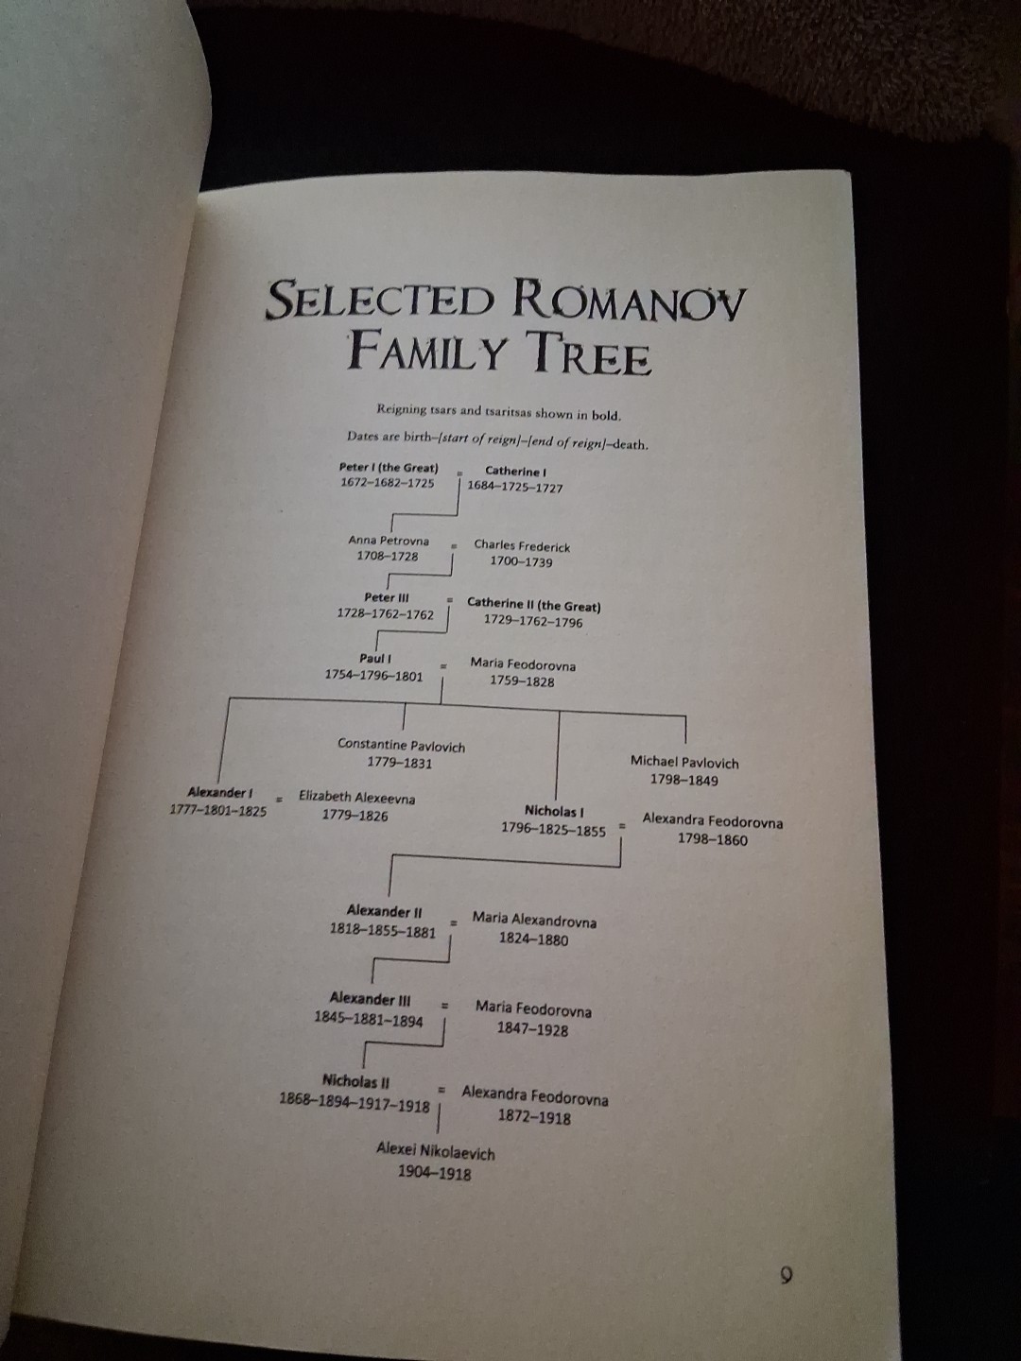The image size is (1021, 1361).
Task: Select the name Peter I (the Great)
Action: [x=389, y=468]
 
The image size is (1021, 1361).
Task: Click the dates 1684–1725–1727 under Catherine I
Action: [x=515, y=488]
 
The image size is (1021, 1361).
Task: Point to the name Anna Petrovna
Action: [x=389, y=541]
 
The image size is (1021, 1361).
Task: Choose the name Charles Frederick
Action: [x=522, y=545]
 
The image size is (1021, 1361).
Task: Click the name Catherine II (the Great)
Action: [x=534, y=605]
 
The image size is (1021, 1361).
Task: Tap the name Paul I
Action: [x=375, y=659]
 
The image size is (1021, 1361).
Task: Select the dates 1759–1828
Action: [x=522, y=681]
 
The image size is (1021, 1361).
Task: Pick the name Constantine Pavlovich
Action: [x=401, y=746]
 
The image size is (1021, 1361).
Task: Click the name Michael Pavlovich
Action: [x=684, y=762]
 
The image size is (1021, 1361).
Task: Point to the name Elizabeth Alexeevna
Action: [x=357, y=798]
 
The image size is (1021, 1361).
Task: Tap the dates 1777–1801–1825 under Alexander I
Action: [x=218, y=810]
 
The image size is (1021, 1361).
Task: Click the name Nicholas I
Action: [x=554, y=810]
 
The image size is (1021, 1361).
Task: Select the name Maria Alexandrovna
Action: [x=534, y=921]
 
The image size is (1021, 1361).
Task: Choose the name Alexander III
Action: [x=370, y=998]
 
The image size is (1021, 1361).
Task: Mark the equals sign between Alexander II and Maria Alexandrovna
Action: [x=454, y=923]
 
